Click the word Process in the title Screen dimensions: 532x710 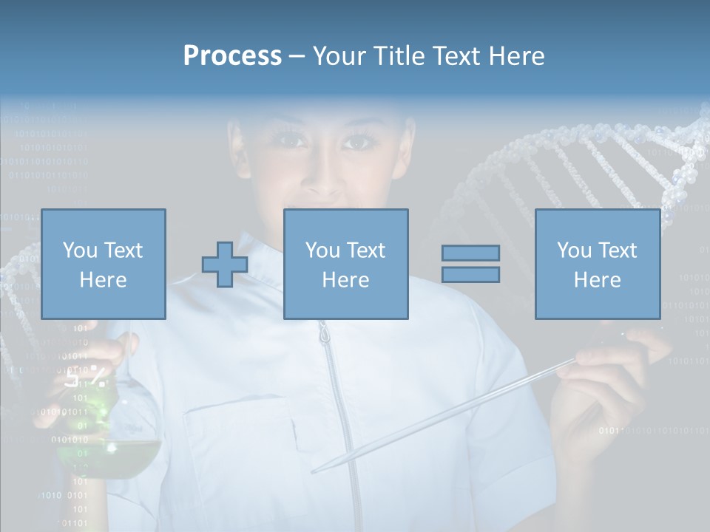coord(232,56)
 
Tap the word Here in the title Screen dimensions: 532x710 coord(515,56)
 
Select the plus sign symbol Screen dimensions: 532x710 coord(225,264)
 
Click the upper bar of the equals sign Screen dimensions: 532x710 coord(470,253)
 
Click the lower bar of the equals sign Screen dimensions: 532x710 coord(470,274)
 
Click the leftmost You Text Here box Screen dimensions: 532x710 coord(104,264)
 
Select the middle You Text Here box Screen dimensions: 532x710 coord(345,264)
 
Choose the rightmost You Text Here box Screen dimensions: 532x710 coord(598,264)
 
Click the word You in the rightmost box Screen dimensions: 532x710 coord(573,250)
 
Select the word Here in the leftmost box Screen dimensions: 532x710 coord(104,279)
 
